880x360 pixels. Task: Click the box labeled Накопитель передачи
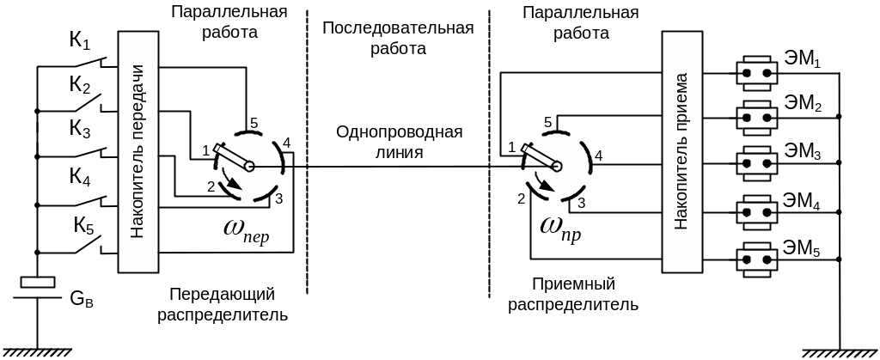pos(137,152)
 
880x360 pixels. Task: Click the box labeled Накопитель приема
pos(682,152)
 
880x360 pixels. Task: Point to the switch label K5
pos(83,226)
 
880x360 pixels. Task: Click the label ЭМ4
pos(803,204)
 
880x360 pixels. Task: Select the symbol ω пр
pos(560,227)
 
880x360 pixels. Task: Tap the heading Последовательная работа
pos(398,39)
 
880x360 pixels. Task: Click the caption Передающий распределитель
pos(222,303)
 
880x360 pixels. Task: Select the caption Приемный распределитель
pos(573,294)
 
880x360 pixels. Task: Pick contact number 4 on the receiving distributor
pos(598,156)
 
